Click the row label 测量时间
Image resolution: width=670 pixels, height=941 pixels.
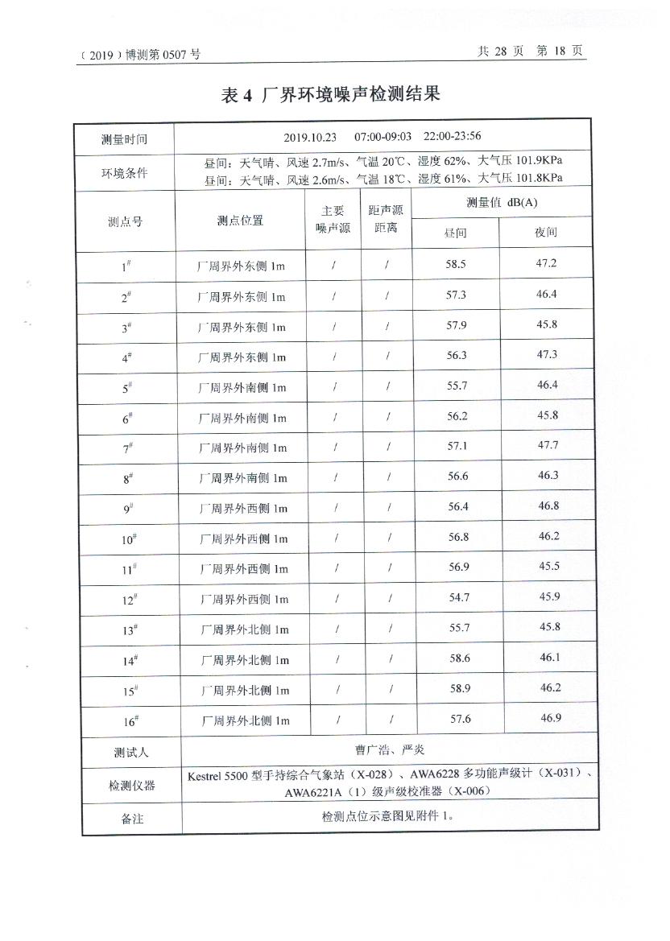124,139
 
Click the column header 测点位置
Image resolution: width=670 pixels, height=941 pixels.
240,221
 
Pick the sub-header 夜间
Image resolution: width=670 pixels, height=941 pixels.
545,233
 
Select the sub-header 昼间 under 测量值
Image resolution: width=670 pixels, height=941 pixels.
455,233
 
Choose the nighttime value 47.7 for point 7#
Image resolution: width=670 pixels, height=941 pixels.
548,445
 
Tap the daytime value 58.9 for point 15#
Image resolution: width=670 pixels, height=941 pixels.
460,688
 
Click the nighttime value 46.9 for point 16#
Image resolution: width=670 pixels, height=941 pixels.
551,718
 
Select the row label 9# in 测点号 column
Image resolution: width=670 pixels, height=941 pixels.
127,509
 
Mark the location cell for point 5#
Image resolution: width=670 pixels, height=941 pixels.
242,388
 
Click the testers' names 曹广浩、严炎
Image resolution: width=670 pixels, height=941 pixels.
390,750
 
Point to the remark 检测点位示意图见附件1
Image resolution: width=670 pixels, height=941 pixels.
388,816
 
